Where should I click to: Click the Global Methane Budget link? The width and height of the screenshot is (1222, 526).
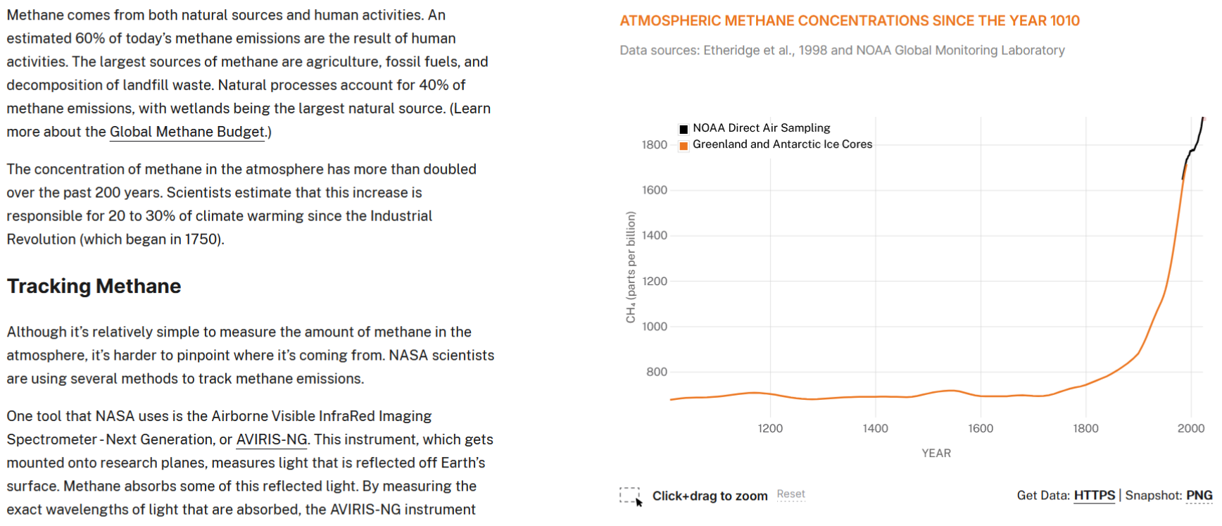tap(187, 132)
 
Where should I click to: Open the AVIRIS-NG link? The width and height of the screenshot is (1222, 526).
tap(272, 439)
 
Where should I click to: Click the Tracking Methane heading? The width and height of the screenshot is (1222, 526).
tap(94, 286)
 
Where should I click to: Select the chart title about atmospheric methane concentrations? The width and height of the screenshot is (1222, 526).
tap(850, 21)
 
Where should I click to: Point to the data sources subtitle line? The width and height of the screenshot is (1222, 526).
tap(842, 50)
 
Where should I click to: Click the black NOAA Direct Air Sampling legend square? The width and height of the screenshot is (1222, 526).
tap(684, 129)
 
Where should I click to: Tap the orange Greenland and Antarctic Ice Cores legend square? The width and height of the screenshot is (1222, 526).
tap(684, 146)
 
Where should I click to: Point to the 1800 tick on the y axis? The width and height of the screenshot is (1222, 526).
tap(655, 145)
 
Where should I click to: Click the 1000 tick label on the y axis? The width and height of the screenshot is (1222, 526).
tap(655, 327)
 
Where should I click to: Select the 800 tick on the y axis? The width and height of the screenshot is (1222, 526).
tap(657, 372)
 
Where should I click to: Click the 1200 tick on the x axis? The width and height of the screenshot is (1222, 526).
tap(770, 428)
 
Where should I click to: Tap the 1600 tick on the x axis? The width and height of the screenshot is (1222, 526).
tap(981, 428)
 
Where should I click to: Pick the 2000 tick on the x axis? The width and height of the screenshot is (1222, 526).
tap(1191, 428)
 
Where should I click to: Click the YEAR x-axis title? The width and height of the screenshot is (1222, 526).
tap(936, 453)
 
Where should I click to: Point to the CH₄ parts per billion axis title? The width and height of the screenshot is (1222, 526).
tap(631, 268)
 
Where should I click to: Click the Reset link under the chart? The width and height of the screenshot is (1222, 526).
tap(791, 494)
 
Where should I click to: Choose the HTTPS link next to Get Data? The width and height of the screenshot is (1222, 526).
tap(1095, 496)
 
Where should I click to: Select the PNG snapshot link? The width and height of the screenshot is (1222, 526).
tap(1199, 496)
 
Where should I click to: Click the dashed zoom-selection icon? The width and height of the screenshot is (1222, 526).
tap(631, 496)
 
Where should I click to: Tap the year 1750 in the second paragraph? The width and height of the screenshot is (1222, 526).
tap(203, 239)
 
